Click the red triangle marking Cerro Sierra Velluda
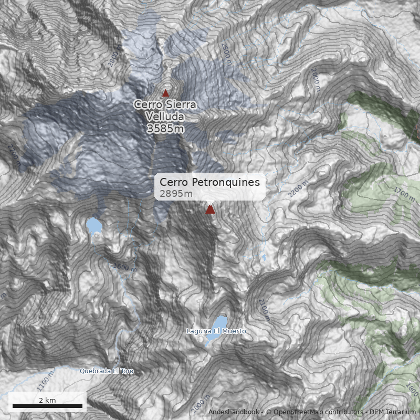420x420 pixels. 166,93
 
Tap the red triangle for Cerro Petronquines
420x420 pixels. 211,209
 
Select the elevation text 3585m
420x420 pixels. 165,128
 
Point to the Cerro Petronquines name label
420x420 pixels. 209,182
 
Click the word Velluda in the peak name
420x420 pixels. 165,116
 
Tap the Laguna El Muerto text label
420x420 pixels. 216,331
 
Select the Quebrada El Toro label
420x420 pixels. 107,371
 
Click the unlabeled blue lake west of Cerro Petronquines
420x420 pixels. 94,227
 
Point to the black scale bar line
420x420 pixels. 47,406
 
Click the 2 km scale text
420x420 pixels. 47,400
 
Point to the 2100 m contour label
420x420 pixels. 263,309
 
